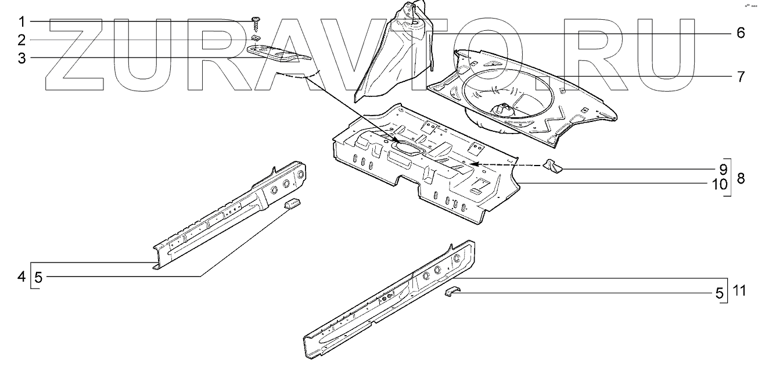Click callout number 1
tap(21, 22)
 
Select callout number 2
tap(21, 40)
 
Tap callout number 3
tap(21, 58)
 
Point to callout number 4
tap(21, 277)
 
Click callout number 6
tap(740, 33)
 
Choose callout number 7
tap(740, 77)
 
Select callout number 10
tap(720, 185)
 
